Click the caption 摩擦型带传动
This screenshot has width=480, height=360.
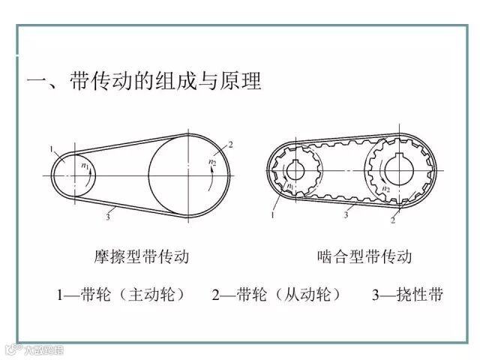[142, 257]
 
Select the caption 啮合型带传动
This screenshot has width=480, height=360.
[365, 257]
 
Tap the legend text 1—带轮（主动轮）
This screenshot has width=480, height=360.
[120, 295]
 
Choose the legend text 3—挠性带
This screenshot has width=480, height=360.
[407, 295]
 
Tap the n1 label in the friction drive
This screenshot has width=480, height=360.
[85, 166]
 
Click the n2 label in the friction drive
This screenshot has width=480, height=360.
[211, 161]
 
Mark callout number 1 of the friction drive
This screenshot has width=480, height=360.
[52, 150]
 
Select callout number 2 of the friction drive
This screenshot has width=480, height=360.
[231, 144]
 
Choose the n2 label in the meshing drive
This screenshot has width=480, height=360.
[386, 189]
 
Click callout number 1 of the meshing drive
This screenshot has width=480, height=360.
[274, 215]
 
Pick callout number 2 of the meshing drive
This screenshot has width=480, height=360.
[392, 222]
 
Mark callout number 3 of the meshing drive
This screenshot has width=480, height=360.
[346, 214]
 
